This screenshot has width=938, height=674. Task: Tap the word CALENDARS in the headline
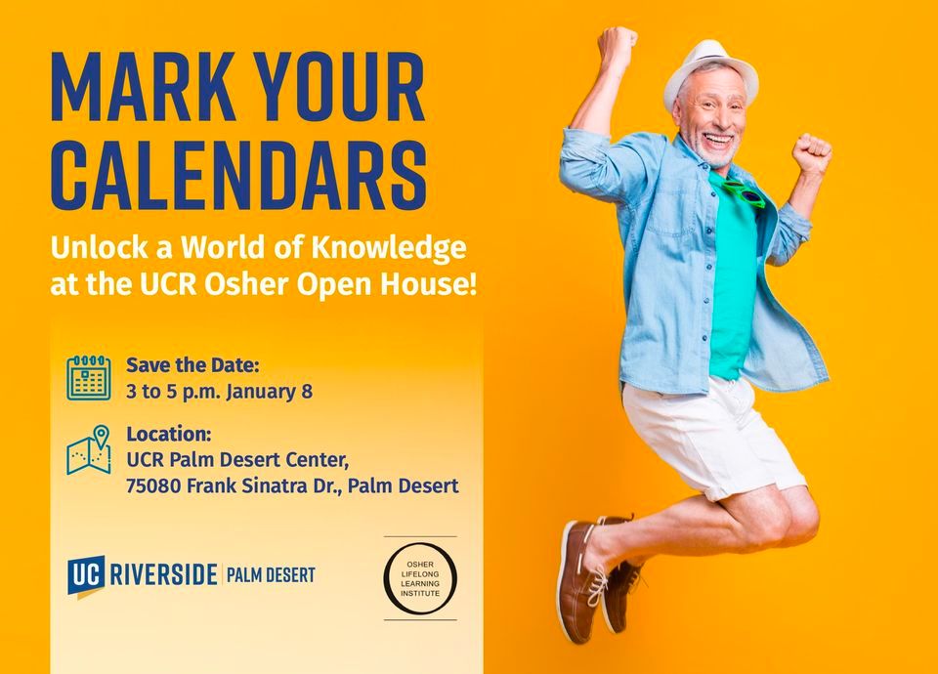coord(238,175)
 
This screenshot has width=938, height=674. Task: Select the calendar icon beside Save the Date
coord(89,377)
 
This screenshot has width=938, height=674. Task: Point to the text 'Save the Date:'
coord(192,364)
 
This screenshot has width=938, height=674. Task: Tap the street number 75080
coord(153,485)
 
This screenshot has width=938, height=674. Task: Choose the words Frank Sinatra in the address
coord(255,485)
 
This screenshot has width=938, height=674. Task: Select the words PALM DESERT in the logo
coord(271,575)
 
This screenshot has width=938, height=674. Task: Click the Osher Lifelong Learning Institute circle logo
coord(420,579)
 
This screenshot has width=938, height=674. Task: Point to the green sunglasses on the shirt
coord(743,192)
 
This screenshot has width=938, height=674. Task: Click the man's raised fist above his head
coord(617,44)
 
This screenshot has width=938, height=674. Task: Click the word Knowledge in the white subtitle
coord(388,248)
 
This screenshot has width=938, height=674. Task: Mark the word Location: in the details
coord(169,434)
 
